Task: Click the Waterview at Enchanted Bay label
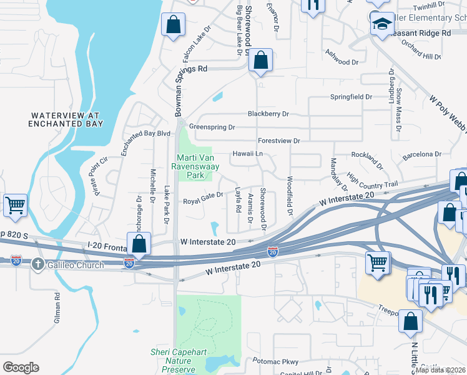[66, 119]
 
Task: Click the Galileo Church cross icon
[39, 263]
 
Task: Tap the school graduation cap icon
[381, 24]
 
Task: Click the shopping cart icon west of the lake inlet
[15, 205]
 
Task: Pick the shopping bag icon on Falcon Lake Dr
[174, 26]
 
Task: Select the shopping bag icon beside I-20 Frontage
[139, 244]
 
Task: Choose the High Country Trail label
[372, 181]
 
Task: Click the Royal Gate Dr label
[203, 201]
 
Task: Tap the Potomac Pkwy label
[276, 361]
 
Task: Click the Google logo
[21, 367]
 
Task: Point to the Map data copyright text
[441, 370]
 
